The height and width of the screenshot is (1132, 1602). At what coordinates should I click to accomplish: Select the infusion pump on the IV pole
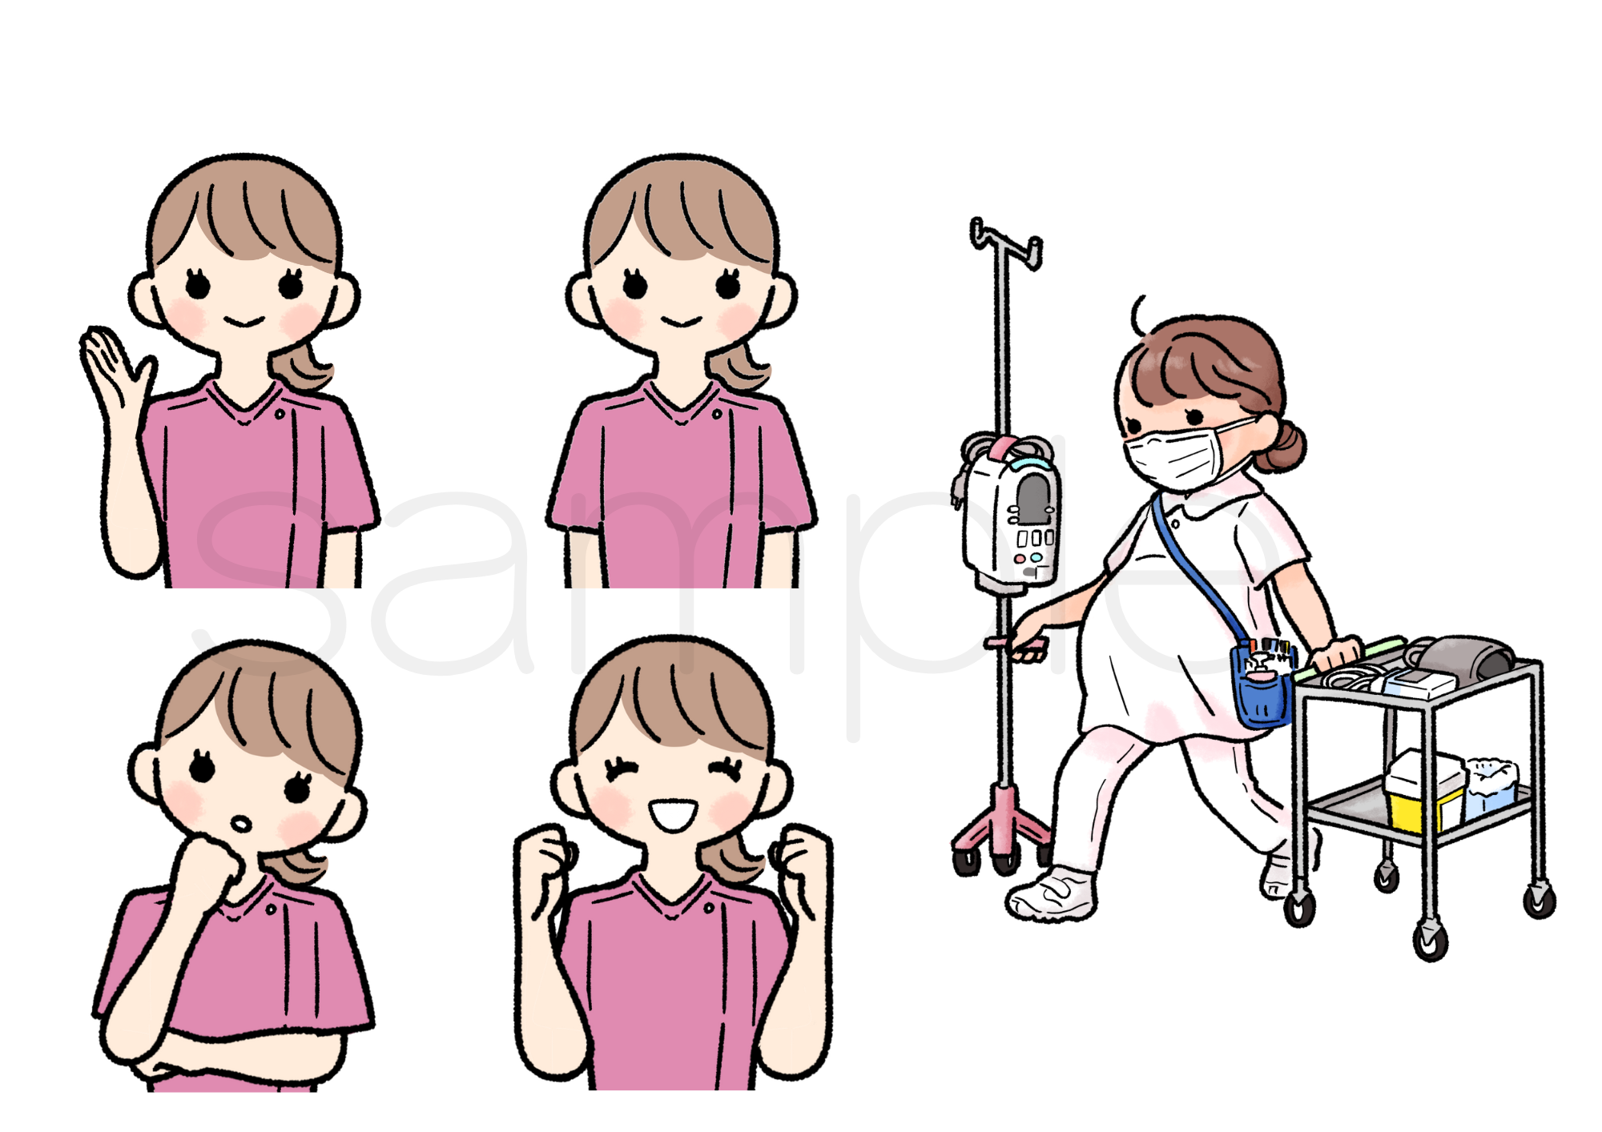pos(1011,516)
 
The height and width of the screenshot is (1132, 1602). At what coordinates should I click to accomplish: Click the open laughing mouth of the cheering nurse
pos(672,815)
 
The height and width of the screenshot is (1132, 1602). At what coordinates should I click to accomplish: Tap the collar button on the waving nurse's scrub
pos(280,414)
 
